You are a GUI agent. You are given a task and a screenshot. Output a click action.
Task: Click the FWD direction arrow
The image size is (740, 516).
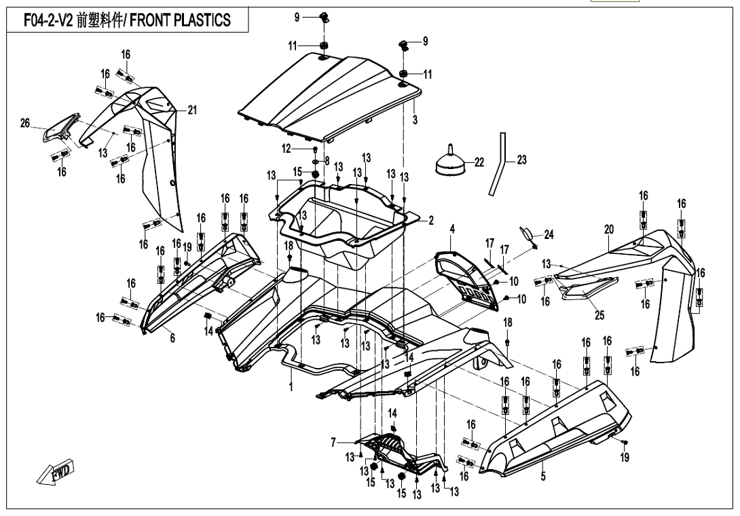pyautogui.click(x=56, y=473)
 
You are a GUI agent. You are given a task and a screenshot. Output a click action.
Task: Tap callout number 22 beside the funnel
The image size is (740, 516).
pyautogui.click(x=480, y=162)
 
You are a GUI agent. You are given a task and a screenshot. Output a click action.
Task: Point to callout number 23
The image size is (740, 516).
pyautogui.click(x=521, y=160)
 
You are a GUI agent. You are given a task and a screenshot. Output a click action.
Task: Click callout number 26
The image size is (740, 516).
pyautogui.click(x=25, y=123)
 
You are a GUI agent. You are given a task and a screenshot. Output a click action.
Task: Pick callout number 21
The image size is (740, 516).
pyautogui.click(x=192, y=111)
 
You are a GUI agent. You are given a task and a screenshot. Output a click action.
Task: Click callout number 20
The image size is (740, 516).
pyautogui.click(x=609, y=229)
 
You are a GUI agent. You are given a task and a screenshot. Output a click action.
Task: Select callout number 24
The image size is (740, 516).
pyautogui.click(x=549, y=235)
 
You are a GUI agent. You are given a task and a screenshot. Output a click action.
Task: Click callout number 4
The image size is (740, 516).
pyautogui.click(x=452, y=227)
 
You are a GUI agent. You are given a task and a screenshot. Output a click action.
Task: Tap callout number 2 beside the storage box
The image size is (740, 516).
pyautogui.click(x=430, y=221)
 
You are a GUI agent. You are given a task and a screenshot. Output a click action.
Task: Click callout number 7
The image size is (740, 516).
pyautogui.click(x=333, y=442)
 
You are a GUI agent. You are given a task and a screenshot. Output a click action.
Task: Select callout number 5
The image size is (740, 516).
pyautogui.click(x=543, y=477)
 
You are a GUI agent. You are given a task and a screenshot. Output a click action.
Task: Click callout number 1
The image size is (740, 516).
pyautogui.click(x=291, y=386)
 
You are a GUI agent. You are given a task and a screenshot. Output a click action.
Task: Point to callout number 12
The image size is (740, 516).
pyautogui.click(x=286, y=148)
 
